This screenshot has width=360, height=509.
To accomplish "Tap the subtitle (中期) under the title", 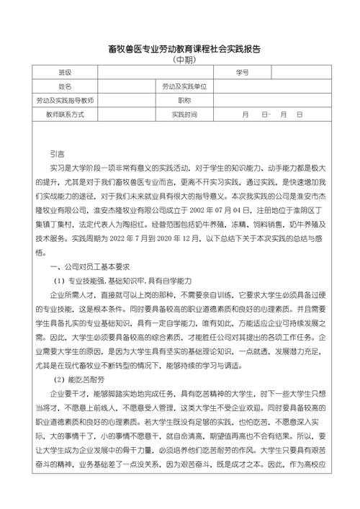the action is click(x=179, y=60).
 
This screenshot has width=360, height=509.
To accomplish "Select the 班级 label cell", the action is click(x=66, y=73).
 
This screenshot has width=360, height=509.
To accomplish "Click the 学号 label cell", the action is click(x=242, y=73).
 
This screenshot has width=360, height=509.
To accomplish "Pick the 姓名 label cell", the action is click(x=66, y=86).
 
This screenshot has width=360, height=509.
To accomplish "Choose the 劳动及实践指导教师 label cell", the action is click(x=66, y=100).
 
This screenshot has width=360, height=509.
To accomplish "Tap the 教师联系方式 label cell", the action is click(x=66, y=114).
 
